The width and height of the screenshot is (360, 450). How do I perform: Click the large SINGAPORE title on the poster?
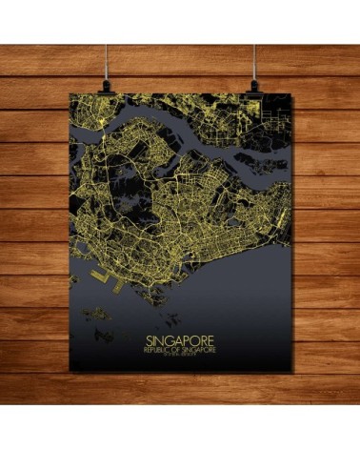[x=180, y=337]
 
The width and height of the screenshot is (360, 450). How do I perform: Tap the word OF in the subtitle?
[x=180, y=348]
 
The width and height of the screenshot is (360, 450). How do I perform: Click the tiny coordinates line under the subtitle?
[x=180, y=355]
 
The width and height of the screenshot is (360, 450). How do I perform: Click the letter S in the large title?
[x=148, y=337]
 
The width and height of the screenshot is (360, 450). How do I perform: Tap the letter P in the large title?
[x=188, y=337]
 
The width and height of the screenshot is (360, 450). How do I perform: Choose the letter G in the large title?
[x=170, y=337]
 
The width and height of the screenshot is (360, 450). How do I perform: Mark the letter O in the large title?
[x=196, y=337]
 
